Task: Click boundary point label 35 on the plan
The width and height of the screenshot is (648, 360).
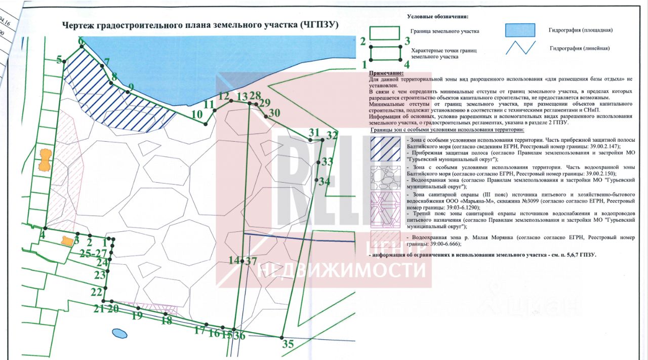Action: click(288, 344)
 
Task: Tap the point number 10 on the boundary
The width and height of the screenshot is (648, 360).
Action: click(197, 114)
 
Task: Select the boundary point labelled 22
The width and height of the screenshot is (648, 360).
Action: click(96, 292)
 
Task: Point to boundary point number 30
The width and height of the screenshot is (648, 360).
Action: click(274, 113)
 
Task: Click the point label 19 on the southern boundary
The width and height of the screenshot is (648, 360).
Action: click(136, 316)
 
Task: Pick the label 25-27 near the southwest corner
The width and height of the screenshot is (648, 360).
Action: click(94, 253)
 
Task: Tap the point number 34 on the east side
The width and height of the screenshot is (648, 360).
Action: click(325, 181)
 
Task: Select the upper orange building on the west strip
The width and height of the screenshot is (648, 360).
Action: click(45, 159)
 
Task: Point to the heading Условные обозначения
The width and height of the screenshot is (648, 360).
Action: click(438, 17)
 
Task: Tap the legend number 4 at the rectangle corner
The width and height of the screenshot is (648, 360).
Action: click(407, 64)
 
